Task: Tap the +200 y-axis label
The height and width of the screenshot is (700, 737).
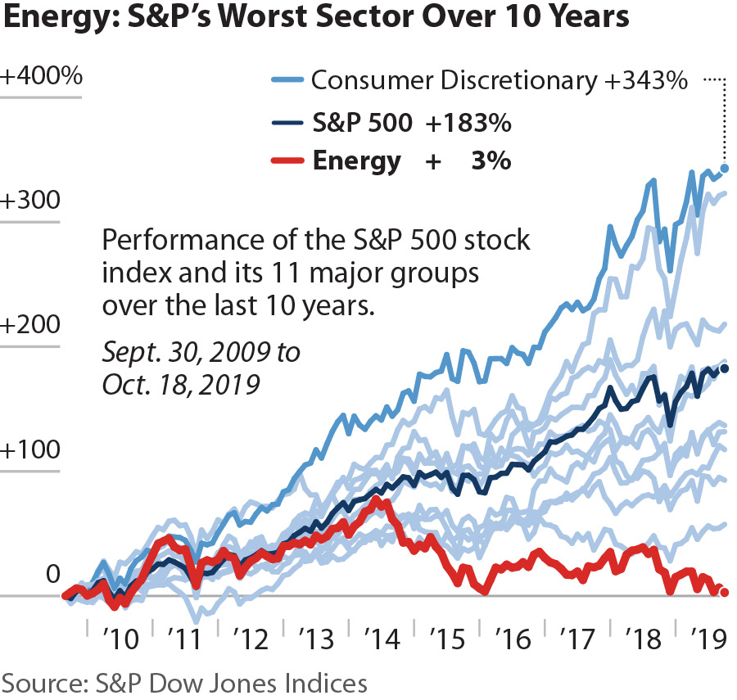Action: (x=31, y=326)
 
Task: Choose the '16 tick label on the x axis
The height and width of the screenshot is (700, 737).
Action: (x=513, y=637)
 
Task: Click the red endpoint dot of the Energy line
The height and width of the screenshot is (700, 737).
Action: (x=724, y=593)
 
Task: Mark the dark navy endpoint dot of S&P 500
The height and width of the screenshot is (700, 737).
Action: (x=724, y=368)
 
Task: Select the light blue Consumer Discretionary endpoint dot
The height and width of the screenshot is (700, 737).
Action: (x=724, y=169)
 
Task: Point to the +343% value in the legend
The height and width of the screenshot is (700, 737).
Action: (x=649, y=81)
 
